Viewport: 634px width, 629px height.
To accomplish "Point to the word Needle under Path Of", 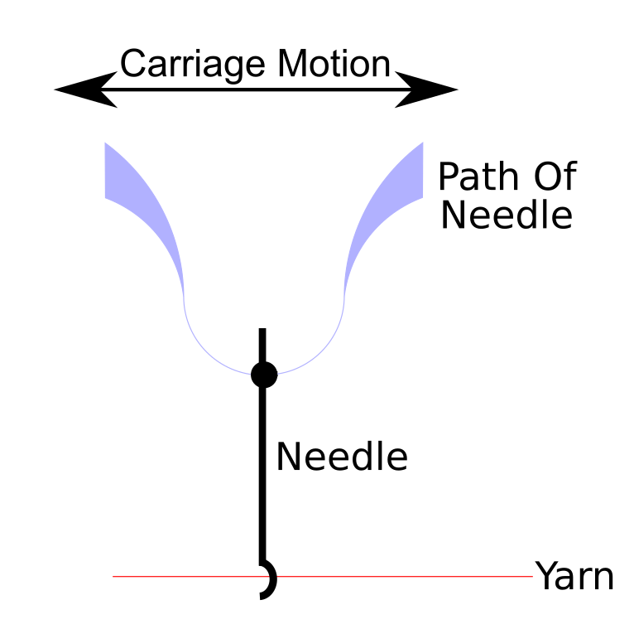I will tap(506, 215).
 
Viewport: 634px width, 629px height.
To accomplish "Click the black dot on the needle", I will tap(264, 375).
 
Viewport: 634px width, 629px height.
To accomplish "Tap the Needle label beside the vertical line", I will tap(342, 457).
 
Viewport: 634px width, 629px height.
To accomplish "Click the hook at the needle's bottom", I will tap(269, 580).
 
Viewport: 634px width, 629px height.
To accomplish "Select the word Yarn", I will tap(574, 576).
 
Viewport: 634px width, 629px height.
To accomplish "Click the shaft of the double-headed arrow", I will tap(257, 90).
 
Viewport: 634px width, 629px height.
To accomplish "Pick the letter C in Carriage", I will tap(132, 65).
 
